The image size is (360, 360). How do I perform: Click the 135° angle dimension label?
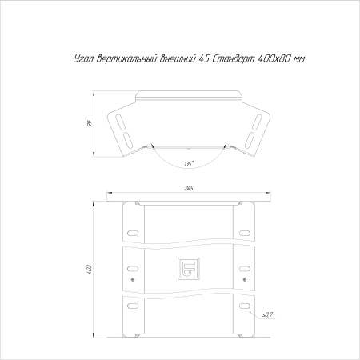[189, 163]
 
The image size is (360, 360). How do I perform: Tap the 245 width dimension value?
[189, 188]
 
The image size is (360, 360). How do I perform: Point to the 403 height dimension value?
[90, 270]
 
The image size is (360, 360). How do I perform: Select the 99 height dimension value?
[90, 124]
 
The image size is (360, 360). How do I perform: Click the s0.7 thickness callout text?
[268, 315]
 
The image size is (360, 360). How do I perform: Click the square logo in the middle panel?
[189, 269]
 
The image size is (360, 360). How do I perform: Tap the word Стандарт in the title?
[234, 58]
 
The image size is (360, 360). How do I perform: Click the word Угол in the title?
[84, 58]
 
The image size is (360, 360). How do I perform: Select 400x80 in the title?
[274, 58]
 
